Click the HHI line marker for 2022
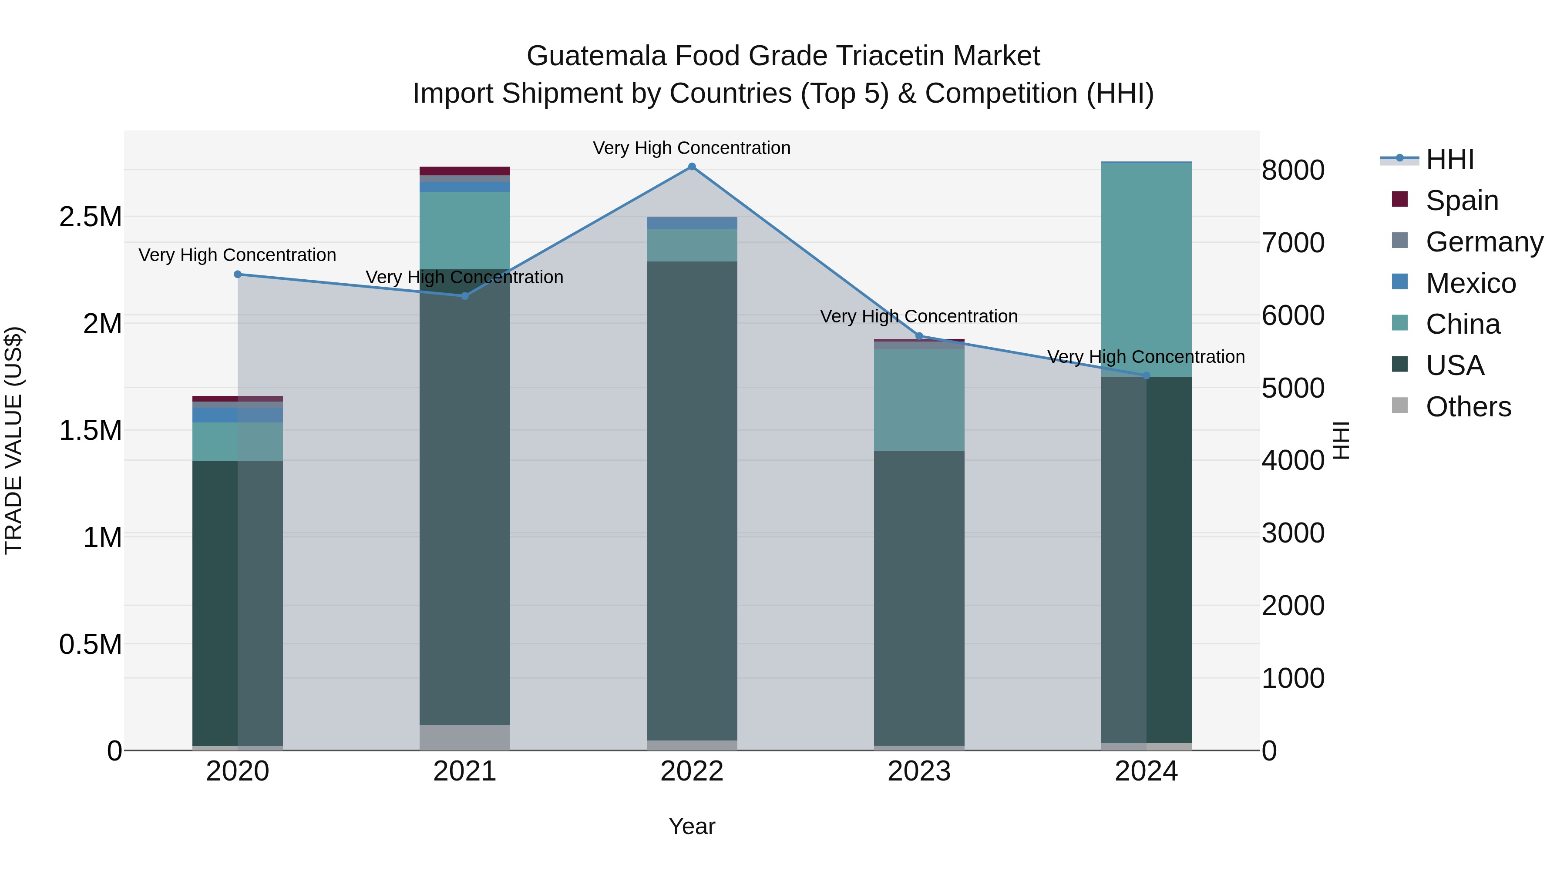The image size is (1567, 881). [x=692, y=167]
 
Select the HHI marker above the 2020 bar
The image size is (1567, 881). [x=238, y=274]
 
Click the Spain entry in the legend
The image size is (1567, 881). [x=1462, y=201]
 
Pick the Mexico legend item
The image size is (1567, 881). [x=1470, y=283]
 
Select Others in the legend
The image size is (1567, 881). [x=1468, y=407]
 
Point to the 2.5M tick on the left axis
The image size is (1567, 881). [x=91, y=217]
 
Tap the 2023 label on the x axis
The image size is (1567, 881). [x=918, y=771]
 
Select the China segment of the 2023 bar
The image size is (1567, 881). [x=919, y=399]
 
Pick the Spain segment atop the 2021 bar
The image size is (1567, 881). [x=465, y=171]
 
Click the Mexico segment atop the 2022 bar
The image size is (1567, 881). [x=692, y=222]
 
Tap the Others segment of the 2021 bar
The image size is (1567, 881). [x=465, y=737]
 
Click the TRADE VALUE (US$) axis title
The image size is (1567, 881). [x=13, y=440]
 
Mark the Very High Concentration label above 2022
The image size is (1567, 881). [x=692, y=148]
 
